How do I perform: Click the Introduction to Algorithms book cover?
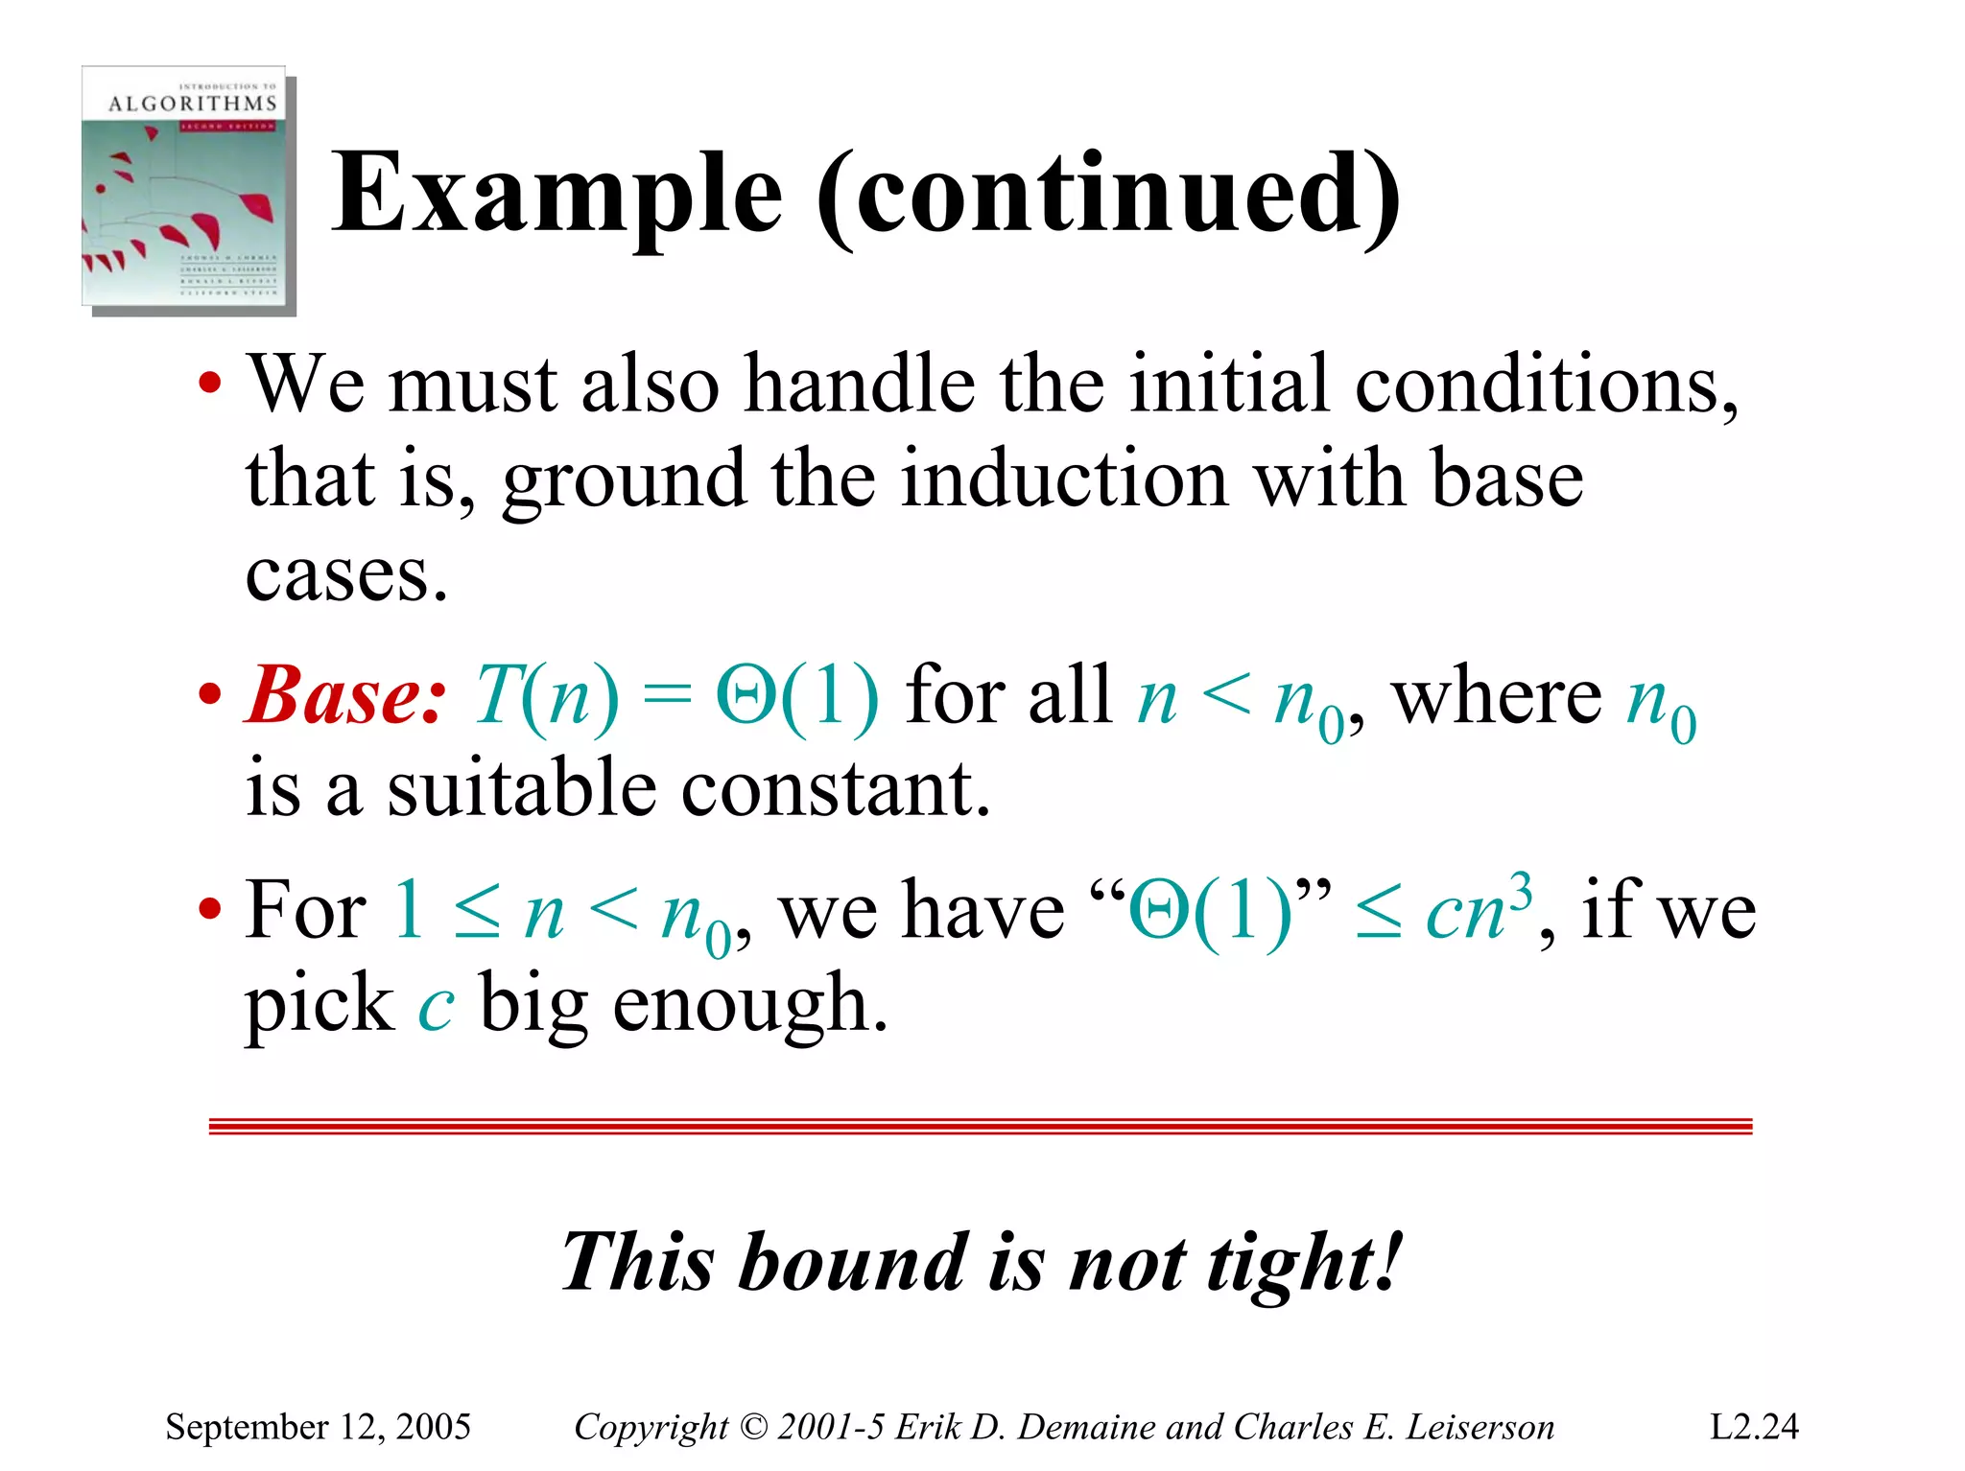click(188, 190)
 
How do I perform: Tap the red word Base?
click(345, 694)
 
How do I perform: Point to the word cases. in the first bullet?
click(346, 575)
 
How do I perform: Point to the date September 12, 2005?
click(318, 1427)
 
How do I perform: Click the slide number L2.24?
click(1753, 1427)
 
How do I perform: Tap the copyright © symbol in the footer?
click(754, 1427)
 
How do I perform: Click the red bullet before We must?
click(210, 385)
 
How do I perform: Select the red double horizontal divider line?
click(981, 1126)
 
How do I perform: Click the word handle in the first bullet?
click(860, 385)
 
